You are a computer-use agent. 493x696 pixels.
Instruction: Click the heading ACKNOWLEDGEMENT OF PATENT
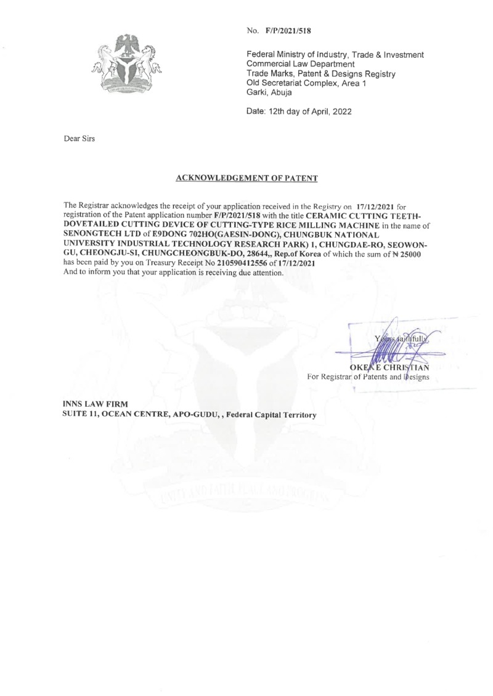[246, 178]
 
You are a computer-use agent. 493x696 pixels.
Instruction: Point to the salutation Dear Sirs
[79, 139]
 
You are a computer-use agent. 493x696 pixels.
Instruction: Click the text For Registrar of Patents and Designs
[369, 375]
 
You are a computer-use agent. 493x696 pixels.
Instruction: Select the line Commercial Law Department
[300, 64]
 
